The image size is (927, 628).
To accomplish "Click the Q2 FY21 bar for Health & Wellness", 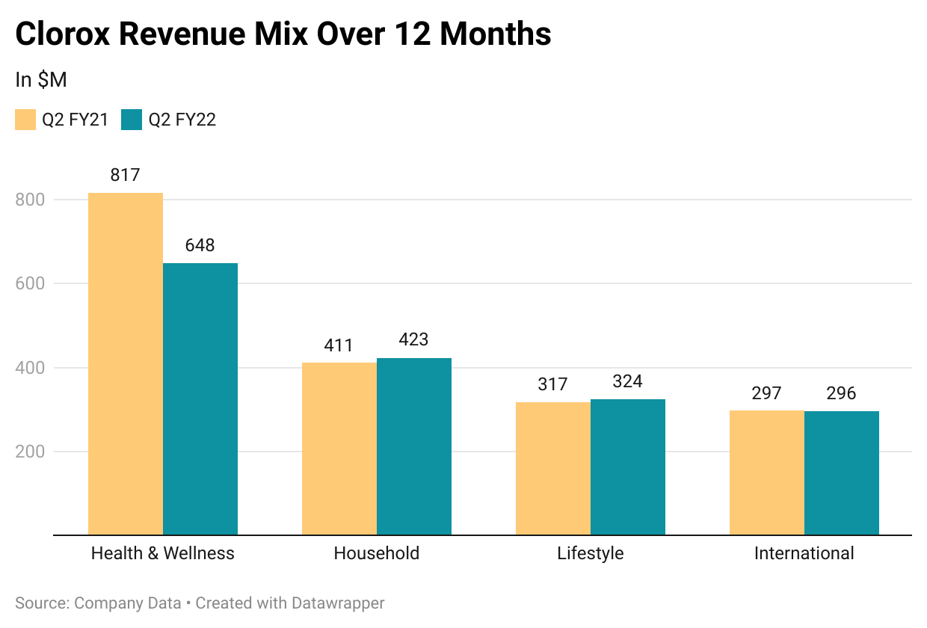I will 126,364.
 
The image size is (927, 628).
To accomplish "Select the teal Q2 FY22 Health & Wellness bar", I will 200,399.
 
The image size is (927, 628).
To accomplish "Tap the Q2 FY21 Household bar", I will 339,449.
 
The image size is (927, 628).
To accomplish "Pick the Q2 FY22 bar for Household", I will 414,446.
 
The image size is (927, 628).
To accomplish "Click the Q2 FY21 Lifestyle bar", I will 553,469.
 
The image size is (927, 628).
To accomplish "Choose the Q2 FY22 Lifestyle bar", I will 628,467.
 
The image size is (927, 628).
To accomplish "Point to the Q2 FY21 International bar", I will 767,472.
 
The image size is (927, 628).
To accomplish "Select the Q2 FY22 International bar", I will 842,473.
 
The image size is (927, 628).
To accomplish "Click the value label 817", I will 125,176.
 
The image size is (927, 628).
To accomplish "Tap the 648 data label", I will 200,245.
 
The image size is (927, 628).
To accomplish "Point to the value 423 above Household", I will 413,340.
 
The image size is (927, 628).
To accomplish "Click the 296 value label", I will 841,393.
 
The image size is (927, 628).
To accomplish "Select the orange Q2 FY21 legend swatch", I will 25,120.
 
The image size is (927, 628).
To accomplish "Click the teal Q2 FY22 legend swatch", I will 132,120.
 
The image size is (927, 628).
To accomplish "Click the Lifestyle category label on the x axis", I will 590,554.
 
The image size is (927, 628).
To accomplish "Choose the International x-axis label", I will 804,554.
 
